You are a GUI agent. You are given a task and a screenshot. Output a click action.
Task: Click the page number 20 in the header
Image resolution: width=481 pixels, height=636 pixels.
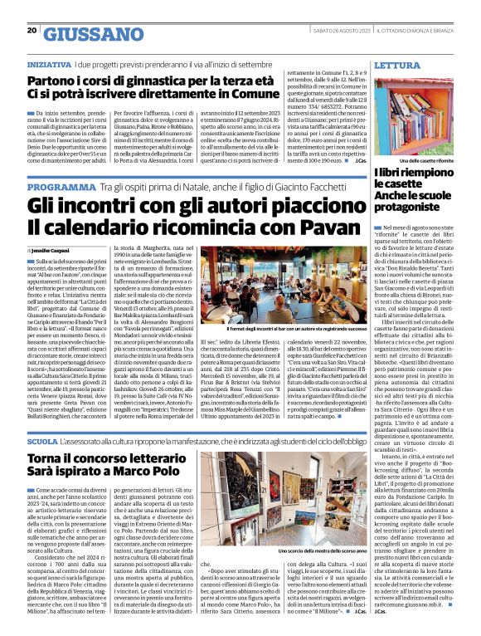[x=32, y=31]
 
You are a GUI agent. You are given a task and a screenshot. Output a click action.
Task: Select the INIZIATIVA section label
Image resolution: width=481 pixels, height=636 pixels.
[x=49, y=64]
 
